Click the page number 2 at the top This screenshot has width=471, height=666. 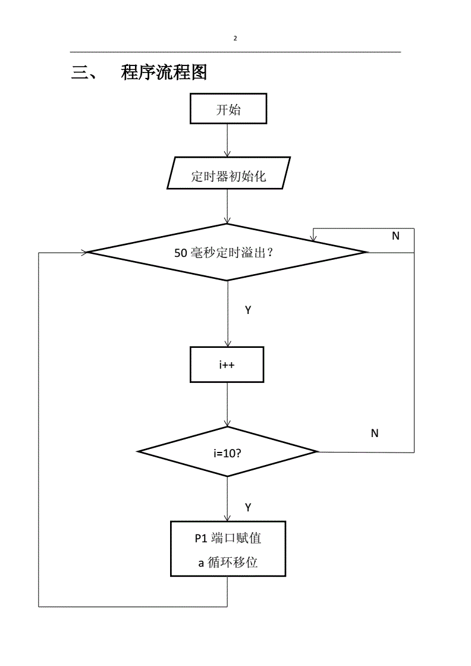coord(235,39)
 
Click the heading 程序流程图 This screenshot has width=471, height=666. coord(164,73)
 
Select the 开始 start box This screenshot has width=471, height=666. coord(228,109)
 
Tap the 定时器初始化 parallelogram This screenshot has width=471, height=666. coord(228,176)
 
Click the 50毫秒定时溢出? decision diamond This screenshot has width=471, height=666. coord(228,252)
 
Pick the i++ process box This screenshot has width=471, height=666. coord(227,365)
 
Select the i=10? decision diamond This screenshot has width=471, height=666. coord(228,452)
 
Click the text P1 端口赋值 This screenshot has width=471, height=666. coord(228,539)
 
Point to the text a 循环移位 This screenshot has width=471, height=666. coord(228,562)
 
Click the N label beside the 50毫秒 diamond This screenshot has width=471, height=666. coord(395,236)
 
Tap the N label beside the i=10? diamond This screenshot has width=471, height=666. coord(375,433)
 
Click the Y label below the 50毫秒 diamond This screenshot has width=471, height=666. coord(248,310)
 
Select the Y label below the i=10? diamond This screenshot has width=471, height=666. coord(248,507)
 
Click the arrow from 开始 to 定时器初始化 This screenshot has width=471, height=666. coord(227,140)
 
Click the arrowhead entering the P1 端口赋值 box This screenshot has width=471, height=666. coord(227,518)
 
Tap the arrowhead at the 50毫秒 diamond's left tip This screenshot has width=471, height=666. coord(84,252)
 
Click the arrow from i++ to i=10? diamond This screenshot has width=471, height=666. coord(227,404)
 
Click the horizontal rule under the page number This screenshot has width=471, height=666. coord(235,52)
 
